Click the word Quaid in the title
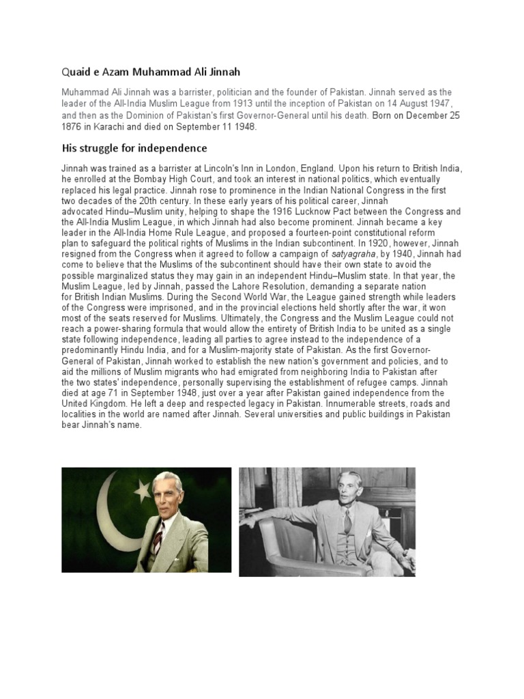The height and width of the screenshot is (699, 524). pyautogui.click(x=76, y=71)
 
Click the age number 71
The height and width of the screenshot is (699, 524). pyautogui.click(x=113, y=393)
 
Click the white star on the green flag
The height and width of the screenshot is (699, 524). pyautogui.click(x=143, y=489)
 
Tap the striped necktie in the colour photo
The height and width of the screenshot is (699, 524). pyautogui.click(x=158, y=539)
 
